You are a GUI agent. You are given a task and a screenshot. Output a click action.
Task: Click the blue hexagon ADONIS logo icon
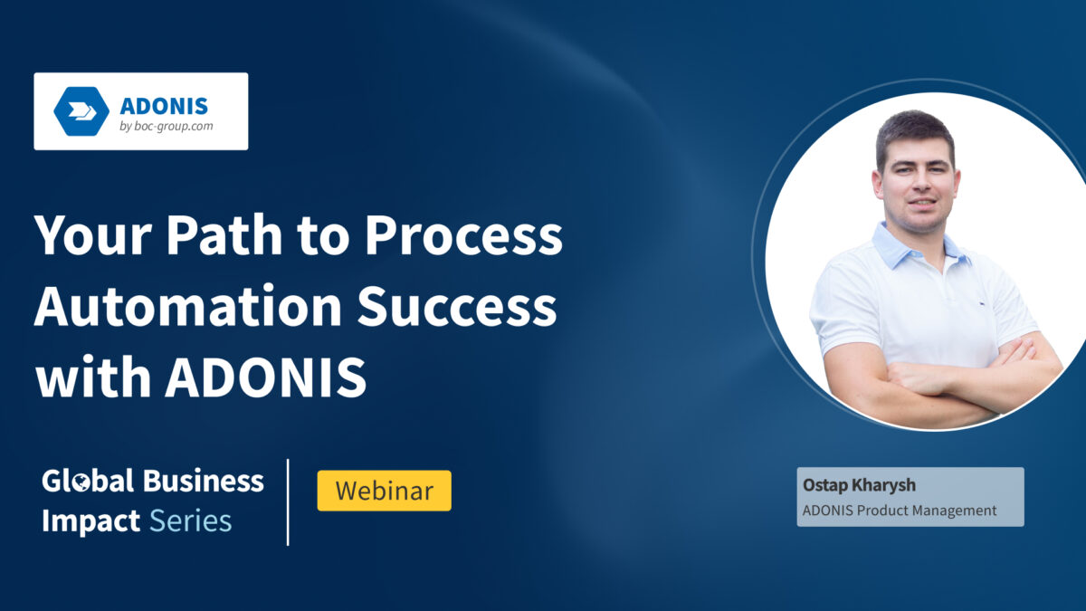(81, 111)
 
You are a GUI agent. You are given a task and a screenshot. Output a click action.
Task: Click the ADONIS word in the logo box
(164, 105)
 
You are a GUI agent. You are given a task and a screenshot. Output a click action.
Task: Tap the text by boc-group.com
(167, 127)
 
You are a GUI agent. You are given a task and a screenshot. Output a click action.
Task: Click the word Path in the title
(223, 236)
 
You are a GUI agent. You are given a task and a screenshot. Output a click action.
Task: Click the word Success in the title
(457, 307)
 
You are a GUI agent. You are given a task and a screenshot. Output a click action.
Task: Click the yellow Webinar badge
(384, 491)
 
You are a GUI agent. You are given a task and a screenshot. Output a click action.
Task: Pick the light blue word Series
(190, 520)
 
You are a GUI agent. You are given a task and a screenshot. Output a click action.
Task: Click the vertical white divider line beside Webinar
(289, 502)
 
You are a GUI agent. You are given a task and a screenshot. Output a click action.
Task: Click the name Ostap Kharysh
(846, 486)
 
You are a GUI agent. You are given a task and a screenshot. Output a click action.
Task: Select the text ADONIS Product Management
(899, 511)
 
